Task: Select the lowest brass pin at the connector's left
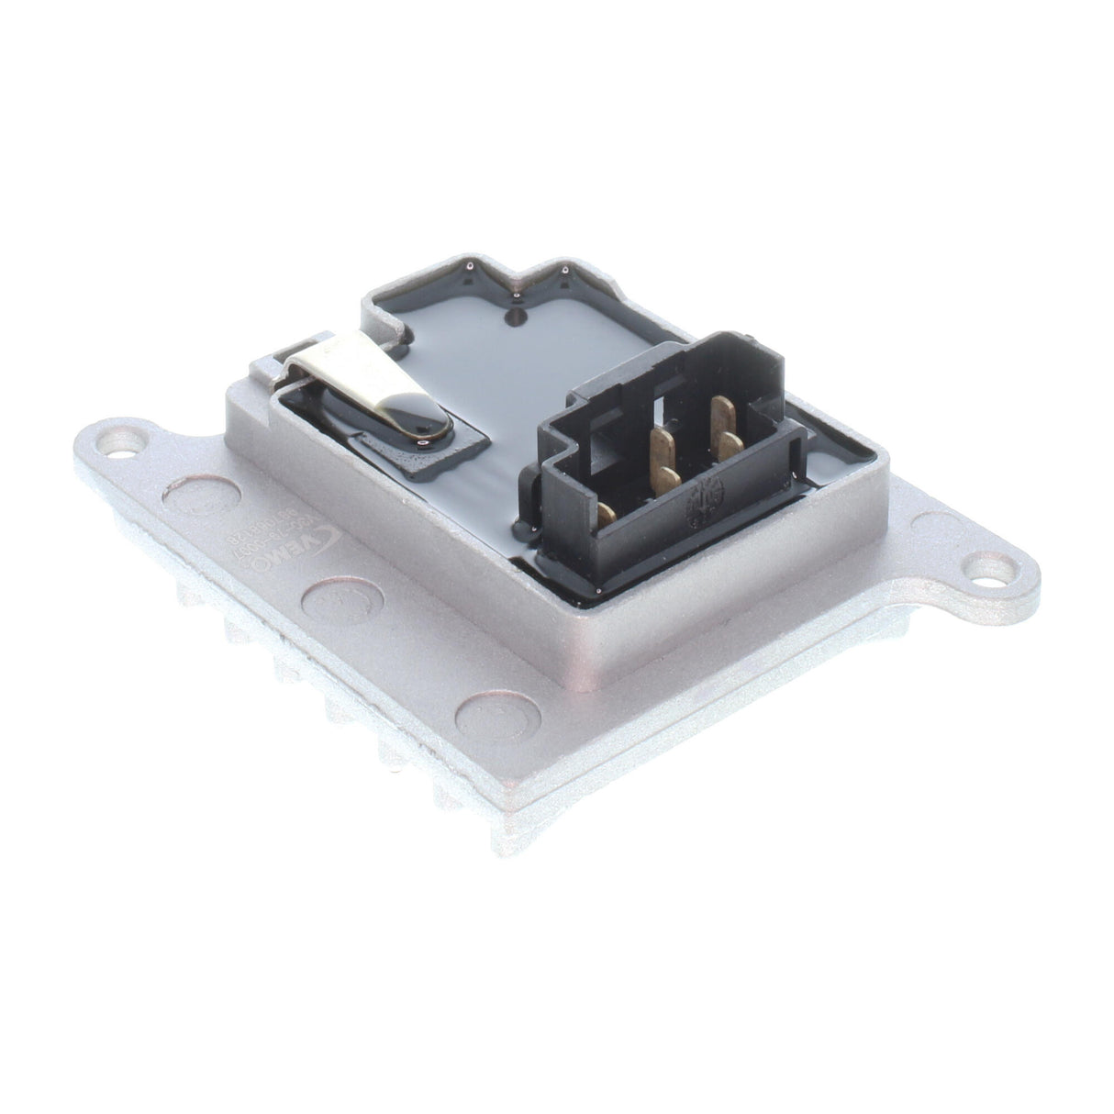coord(607,515)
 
